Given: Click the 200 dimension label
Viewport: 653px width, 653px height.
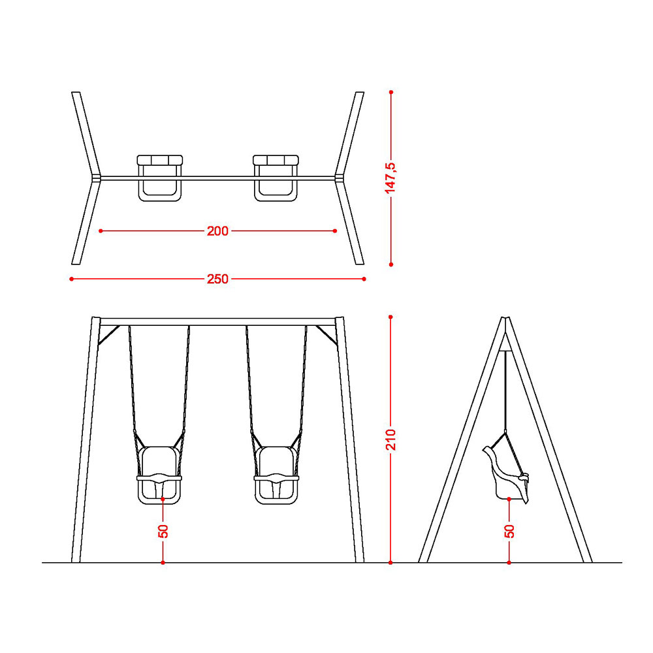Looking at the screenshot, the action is [x=217, y=231].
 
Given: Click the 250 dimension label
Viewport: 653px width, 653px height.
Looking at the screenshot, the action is [x=217, y=279].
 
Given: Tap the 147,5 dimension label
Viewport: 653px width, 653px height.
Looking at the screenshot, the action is [x=390, y=178].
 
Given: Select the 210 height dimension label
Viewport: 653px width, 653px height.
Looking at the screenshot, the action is [x=390, y=439].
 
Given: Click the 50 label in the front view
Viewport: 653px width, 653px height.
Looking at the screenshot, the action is [x=163, y=531].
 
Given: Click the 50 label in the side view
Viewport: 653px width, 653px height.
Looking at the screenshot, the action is [x=509, y=531].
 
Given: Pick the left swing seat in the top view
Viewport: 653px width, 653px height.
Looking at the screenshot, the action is [x=160, y=178].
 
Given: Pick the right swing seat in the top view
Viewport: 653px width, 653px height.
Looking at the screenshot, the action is [x=276, y=178].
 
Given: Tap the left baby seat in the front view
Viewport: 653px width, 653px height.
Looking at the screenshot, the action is [x=159, y=475].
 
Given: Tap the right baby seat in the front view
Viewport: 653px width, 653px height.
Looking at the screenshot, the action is [x=276, y=475].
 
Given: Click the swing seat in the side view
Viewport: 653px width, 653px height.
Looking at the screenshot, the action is [x=506, y=475].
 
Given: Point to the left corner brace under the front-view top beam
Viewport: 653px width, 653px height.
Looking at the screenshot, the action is [x=108, y=335].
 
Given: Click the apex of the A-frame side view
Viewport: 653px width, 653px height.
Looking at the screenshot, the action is [x=505, y=319].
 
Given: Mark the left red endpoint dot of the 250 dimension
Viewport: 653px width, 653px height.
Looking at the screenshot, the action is [x=72, y=279].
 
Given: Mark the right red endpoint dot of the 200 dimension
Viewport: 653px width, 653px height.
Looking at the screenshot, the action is [x=335, y=231].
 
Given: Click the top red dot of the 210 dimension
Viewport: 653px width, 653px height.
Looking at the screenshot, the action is [x=390, y=317].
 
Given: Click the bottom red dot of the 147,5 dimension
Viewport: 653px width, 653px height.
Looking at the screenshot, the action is [x=391, y=264].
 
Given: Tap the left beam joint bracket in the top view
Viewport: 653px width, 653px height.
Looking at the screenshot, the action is [x=96, y=178].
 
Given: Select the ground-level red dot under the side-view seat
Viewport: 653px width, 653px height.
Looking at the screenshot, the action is [x=509, y=563].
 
